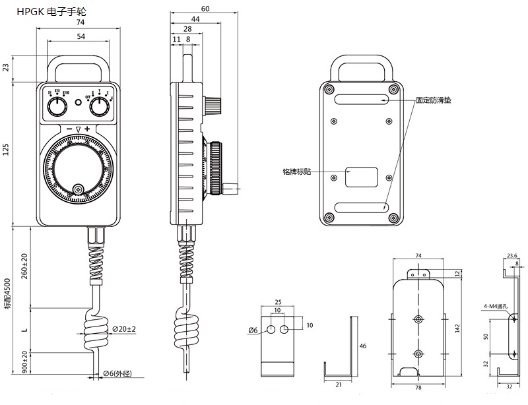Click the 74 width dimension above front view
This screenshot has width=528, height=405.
[x=80, y=22]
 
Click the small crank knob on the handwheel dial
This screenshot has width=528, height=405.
[x=79, y=190]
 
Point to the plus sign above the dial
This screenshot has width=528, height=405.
[x=87, y=128]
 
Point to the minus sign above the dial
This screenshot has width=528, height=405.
[x=69, y=128]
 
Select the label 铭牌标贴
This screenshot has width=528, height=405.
[x=296, y=171]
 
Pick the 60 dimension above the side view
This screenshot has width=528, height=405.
[x=205, y=9]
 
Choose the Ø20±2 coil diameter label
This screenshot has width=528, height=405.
[x=123, y=328]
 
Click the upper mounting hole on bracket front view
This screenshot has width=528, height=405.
[x=418, y=319]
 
